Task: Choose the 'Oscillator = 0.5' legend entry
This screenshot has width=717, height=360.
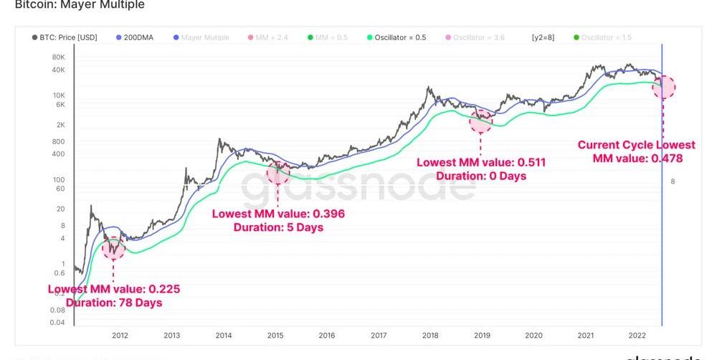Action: pyautogui.click(x=399, y=37)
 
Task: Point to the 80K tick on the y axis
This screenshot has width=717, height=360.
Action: pyautogui.click(x=59, y=56)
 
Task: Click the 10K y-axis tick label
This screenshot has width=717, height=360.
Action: pyautogui.click(x=59, y=95)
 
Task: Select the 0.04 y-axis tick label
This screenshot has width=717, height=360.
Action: pyautogui.click(x=57, y=323)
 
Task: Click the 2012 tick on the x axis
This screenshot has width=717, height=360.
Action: pyautogui.click(x=120, y=335)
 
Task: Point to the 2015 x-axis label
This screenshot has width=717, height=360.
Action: pyautogui.click(x=275, y=335)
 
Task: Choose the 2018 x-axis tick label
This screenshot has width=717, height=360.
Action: pyautogui.click(x=430, y=335)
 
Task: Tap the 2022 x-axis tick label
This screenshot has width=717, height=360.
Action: pyautogui.click(x=637, y=335)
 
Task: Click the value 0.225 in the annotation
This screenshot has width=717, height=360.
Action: pyautogui.click(x=164, y=290)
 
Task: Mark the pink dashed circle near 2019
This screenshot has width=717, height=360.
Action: pyautogui.click(x=481, y=119)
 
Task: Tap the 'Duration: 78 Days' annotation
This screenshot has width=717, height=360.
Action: pyautogui.click(x=114, y=303)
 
